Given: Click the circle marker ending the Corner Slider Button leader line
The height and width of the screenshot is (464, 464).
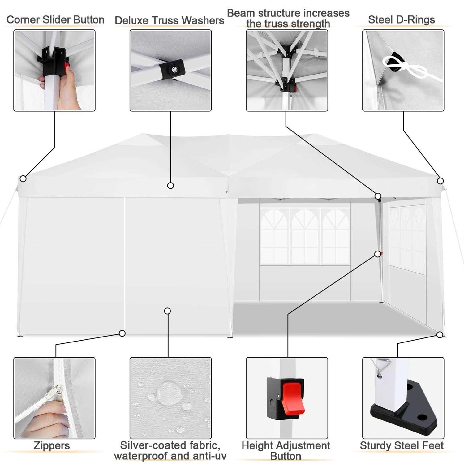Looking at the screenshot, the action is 23,178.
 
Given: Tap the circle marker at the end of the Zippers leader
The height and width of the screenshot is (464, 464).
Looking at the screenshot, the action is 122,333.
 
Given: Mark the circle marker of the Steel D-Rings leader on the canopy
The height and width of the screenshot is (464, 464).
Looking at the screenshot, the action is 440,181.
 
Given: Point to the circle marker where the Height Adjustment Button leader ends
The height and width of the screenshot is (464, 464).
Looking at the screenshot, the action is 378,254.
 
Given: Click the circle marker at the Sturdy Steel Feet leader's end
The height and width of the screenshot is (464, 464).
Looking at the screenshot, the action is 440,335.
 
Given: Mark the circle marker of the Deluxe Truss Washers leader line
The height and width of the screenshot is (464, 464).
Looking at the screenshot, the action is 170,185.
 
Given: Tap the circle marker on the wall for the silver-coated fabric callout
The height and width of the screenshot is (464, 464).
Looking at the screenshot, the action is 167,311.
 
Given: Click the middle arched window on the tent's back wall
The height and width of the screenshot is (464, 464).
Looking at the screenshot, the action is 305,237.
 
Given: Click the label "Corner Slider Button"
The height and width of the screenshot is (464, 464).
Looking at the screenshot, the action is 55,19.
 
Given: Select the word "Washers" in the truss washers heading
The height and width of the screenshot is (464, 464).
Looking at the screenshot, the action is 203,20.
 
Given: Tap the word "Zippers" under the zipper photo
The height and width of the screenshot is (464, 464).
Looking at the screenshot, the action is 52,446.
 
